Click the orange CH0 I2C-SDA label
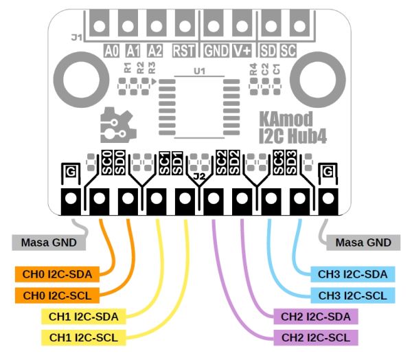coord(52,274)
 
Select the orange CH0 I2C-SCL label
coord(52,295)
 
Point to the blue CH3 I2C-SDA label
coord(352,274)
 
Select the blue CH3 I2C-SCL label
coord(352,295)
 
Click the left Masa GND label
coord(49,243)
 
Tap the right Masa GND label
coord(363,243)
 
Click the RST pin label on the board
coord(183,50)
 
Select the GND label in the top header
coord(217,50)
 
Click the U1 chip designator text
coord(200,71)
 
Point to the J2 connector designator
coord(200,177)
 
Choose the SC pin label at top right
coord(288,50)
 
